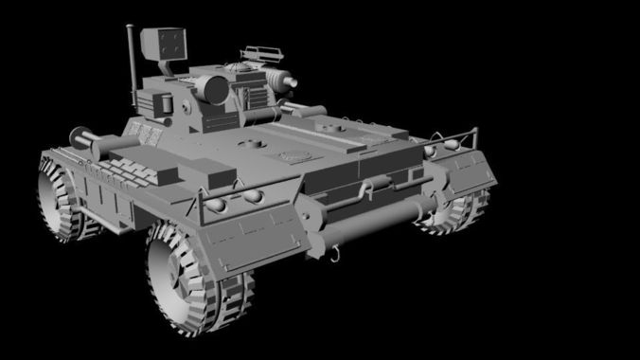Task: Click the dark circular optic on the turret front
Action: pyautogui.click(x=213, y=89)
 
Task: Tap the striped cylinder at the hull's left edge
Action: pyautogui.click(x=85, y=143)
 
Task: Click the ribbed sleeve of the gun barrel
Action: pyautogui.click(x=277, y=77)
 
